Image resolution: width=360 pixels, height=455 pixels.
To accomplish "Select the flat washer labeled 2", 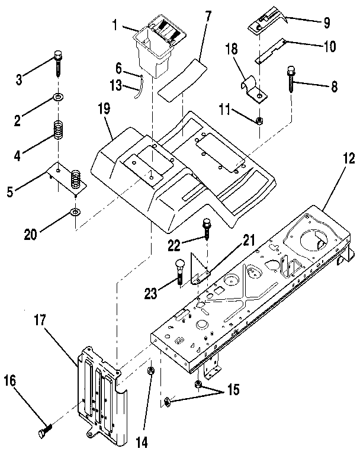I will (58, 96).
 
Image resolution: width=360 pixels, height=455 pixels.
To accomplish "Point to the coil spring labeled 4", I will (58, 130).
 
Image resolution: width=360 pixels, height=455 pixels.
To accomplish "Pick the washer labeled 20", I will (75, 212).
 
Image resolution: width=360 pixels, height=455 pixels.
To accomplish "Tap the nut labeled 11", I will (259, 121).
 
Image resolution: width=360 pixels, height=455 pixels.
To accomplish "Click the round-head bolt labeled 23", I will (179, 271).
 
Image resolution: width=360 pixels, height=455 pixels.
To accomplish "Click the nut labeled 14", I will (151, 371).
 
